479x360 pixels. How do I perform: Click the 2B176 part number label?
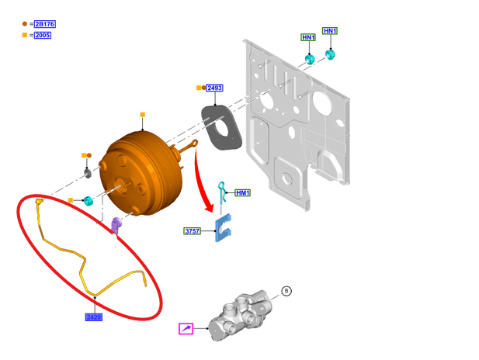click(x=45, y=24)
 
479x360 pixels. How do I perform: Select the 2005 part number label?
click(x=43, y=35)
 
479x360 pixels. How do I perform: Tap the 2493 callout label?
click(x=214, y=88)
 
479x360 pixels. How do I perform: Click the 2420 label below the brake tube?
click(x=94, y=317)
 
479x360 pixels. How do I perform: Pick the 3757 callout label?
click(x=193, y=231)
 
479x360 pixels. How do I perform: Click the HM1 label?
click(x=242, y=192)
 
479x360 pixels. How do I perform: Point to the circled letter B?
click(x=286, y=291)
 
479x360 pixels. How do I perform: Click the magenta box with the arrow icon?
click(x=186, y=328)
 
